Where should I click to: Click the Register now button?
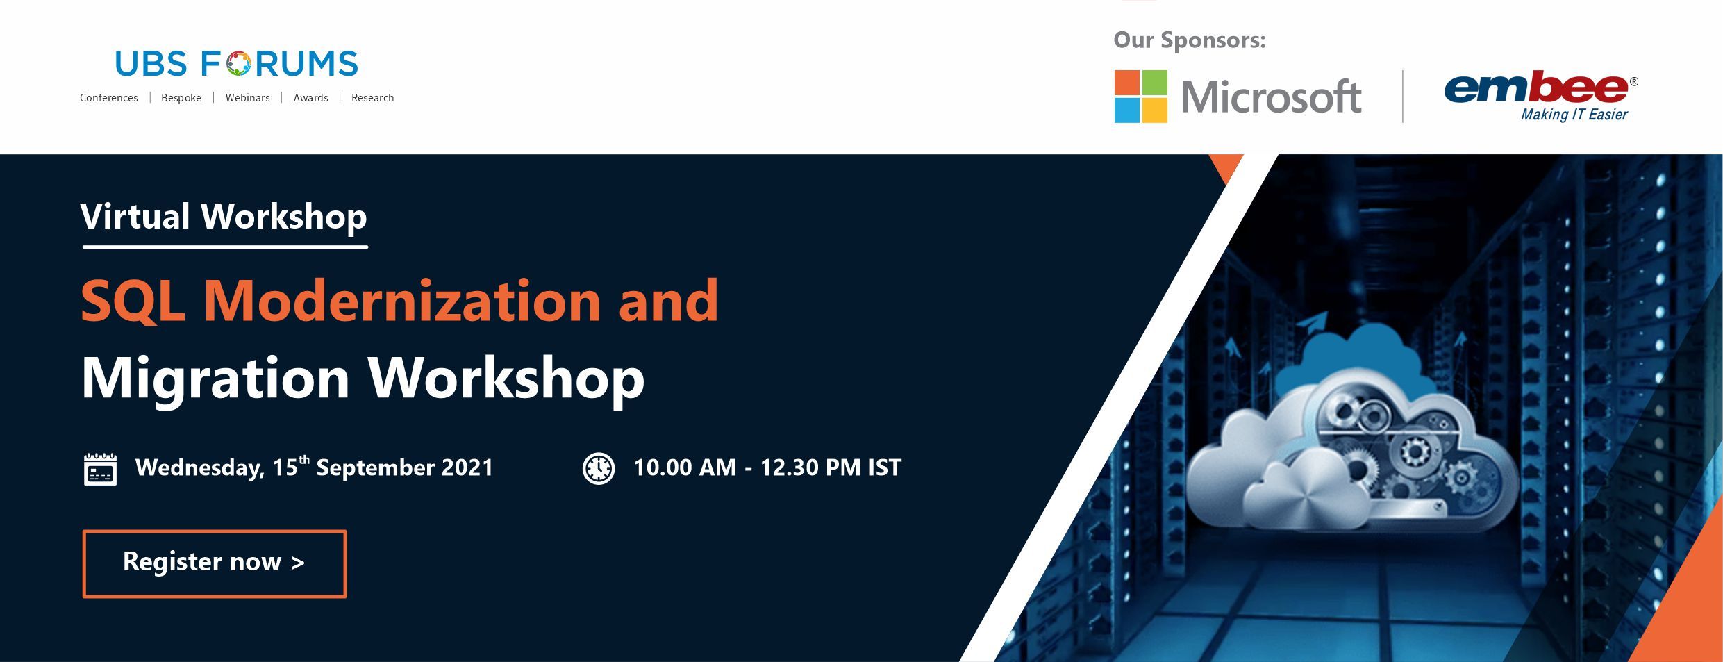pyautogui.click(x=215, y=563)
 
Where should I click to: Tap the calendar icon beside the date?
pyautogui.click(x=100, y=469)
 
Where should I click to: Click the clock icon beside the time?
pyautogui.click(x=598, y=468)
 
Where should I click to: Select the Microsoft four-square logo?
pyautogui.click(x=1140, y=97)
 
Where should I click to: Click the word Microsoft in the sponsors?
pyautogui.click(x=1271, y=97)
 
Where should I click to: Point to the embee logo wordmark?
pyautogui.click(x=1535, y=88)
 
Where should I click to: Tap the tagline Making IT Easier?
pyautogui.click(x=1574, y=115)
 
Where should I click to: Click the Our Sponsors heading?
pyautogui.click(x=1189, y=40)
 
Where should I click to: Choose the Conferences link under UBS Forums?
pyautogui.click(x=109, y=98)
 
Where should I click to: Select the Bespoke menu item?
pyautogui.click(x=181, y=98)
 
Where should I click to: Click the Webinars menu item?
pyautogui.click(x=247, y=98)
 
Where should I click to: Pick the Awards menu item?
pyautogui.click(x=310, y=98)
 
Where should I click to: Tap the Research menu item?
pyautogui.click(x=372, y=98)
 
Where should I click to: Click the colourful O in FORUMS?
pyautogui.click(x=238, y=64)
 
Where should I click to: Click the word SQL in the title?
pyautogui.click(x=133, y=301)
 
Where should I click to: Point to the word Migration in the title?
pyautogui.click(x=215, y=379)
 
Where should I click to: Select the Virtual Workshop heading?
pyautogui.click(x=224, y=216)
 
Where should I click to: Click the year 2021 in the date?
pyautogui.click(x=467, y=467)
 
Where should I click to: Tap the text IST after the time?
pyautogui.click(x=884, y=467)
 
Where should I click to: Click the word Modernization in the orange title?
pyautogui.click(x=402, y=300)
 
